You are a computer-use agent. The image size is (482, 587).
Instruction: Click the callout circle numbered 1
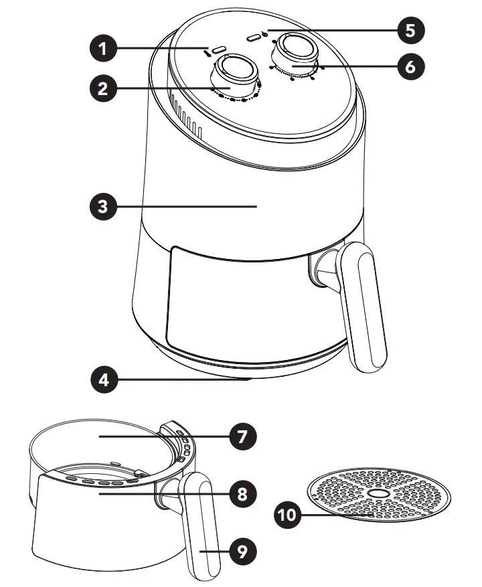(x=102, y=48)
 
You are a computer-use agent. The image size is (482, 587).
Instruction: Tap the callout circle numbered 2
(x=102, y=89)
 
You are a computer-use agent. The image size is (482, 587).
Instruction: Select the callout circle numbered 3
(x=102, y=206)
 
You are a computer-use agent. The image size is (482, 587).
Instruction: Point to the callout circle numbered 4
(x=102, y=380)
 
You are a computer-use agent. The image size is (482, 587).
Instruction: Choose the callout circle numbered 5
(x=410, y=29)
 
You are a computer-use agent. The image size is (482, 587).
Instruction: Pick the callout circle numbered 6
(x=410, y=67)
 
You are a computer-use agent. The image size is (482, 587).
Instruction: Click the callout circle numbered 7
(x=242, y=436)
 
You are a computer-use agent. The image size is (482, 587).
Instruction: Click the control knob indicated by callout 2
(x=234, y=72)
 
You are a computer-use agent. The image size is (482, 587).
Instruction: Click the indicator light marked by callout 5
(x=252, y=38)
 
